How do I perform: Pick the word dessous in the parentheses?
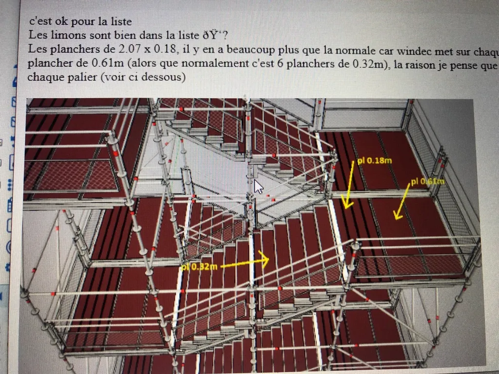[163, 77]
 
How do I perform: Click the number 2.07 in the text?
[131, 50]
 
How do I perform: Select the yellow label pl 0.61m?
[427, 182]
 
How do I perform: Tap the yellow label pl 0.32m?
[198, 266]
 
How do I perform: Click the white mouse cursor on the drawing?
[258, 187]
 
